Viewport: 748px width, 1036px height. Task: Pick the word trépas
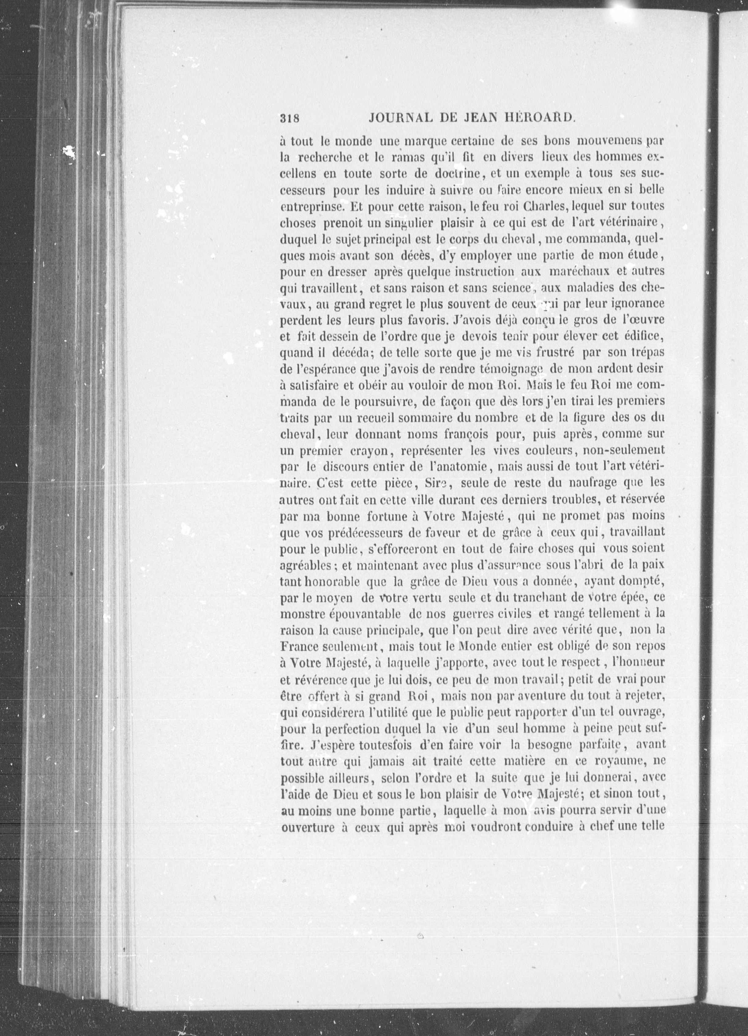645,353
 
